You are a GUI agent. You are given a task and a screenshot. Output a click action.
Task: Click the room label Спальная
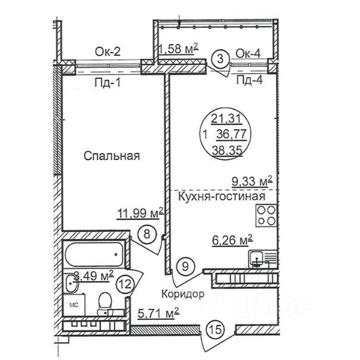point(112,156)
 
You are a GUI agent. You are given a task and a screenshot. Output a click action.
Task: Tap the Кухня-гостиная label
point(222,197)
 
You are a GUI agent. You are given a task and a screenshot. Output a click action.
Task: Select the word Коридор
point(183,294)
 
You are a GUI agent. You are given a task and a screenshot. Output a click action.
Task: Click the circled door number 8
point(147,234)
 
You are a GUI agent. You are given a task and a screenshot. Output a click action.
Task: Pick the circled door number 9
point(185,266)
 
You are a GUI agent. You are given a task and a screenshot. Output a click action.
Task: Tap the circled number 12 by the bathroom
point(125,285)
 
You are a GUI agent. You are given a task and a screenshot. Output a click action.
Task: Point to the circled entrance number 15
point(216,330)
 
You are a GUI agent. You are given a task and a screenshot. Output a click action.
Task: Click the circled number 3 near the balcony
point(220,59)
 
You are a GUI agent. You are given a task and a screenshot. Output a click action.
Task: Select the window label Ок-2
point(108,52)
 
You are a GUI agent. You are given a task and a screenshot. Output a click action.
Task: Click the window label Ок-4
point(248,53)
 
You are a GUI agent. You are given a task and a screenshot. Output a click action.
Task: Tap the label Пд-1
point(108,82)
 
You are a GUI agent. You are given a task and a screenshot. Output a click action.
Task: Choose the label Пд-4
point(250,80)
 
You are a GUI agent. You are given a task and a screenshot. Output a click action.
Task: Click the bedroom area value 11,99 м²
point(140,213)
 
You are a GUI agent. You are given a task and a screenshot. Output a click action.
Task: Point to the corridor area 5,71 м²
point(159,313)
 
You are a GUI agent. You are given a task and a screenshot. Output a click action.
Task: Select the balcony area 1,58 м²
point(178,49)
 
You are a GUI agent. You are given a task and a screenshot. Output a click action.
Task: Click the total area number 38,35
point(228,151)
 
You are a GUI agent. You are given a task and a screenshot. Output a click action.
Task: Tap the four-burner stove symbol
point(266,216)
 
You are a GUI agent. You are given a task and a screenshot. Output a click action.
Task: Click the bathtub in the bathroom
point(94,254)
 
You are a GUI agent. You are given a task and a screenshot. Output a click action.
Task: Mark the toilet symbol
point(105,303)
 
